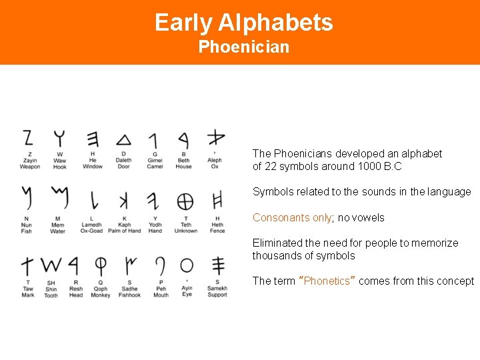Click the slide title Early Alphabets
click(243, 23)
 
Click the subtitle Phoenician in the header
click(243, 47)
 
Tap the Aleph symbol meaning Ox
click(215, 139)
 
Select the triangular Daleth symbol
click(123, 140)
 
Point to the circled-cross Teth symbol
click(185, 201)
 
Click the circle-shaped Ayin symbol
click(187, 265)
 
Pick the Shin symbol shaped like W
click(51, 265)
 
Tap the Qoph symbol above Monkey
click(100, 265)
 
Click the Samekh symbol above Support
click(217, 265)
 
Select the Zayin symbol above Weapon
click(28, 138)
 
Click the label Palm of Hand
click(125, 231)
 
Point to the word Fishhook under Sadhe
click(130, 295)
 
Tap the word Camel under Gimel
click(155, 167)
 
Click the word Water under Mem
click(58, 231)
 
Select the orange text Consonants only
click(292, 218)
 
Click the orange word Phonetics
click(327, 281)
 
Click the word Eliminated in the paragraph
click(275, 243)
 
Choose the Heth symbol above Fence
click(217, 201)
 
